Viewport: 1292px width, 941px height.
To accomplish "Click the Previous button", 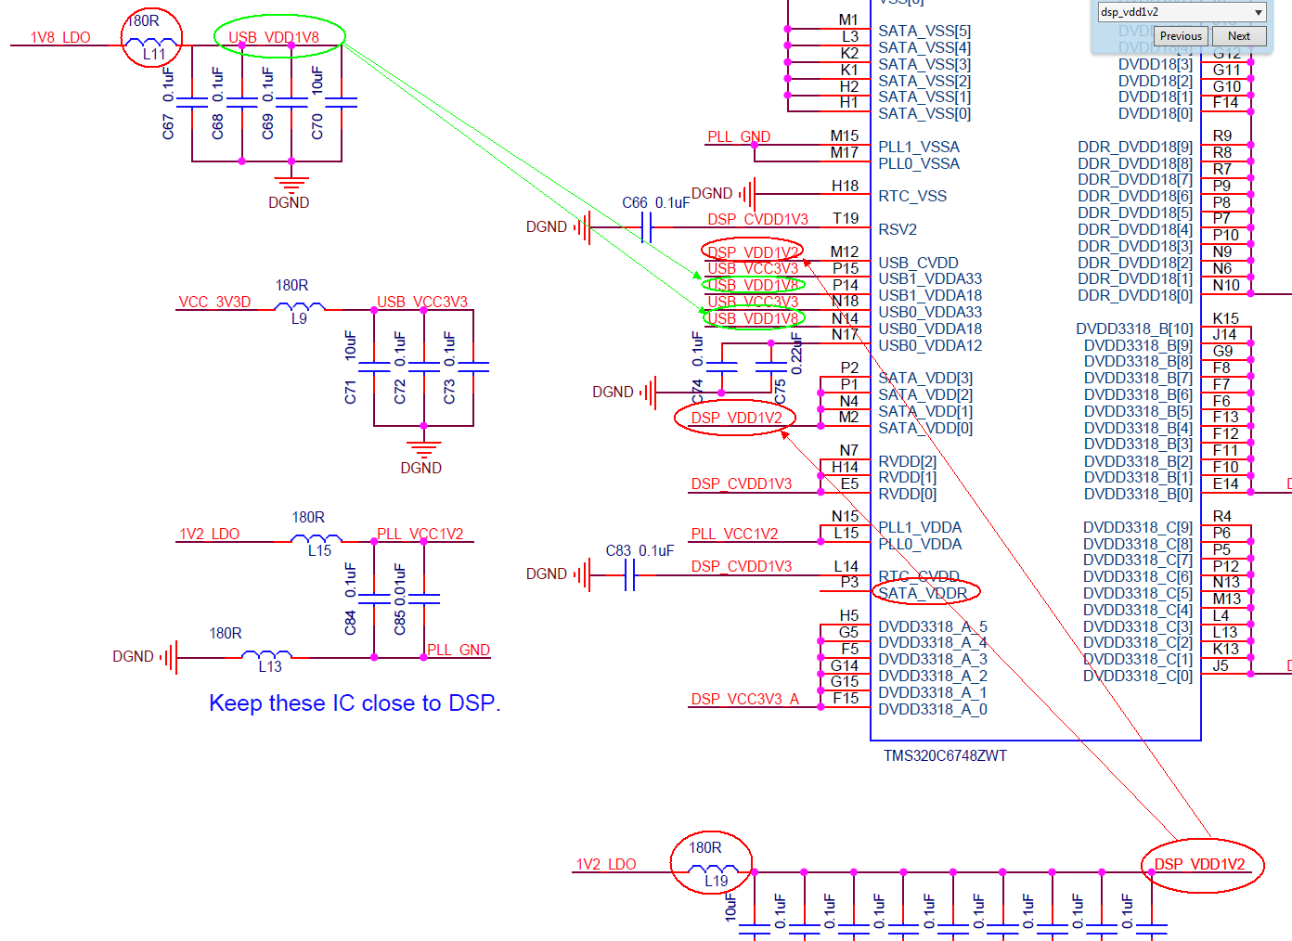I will point(1181,36).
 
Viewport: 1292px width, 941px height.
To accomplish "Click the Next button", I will point(1238,36).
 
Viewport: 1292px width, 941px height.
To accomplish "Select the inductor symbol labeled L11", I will point(151,42).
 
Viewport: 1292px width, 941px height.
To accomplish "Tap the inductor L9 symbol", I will point(299,307).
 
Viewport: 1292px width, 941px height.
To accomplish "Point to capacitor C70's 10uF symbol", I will point(342,103).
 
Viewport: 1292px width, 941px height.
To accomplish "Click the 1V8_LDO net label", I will point(60,38).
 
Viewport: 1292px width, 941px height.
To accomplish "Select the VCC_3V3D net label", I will point(214,303).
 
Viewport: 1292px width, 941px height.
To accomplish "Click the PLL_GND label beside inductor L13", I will point(459,651).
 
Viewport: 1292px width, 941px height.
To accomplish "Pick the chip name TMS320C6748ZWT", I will point(945,755).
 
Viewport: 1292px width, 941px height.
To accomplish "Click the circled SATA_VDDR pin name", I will point(924,593).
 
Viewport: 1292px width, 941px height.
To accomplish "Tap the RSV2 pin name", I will point(898,229).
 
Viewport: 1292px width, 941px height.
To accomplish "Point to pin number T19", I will point(846,219).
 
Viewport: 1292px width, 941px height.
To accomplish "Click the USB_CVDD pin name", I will point(918,263).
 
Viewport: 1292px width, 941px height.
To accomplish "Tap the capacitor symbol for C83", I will point(630,575).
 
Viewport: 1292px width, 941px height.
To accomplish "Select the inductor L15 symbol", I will point(317,539).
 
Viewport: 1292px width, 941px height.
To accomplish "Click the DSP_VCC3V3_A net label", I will point(744,700).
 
